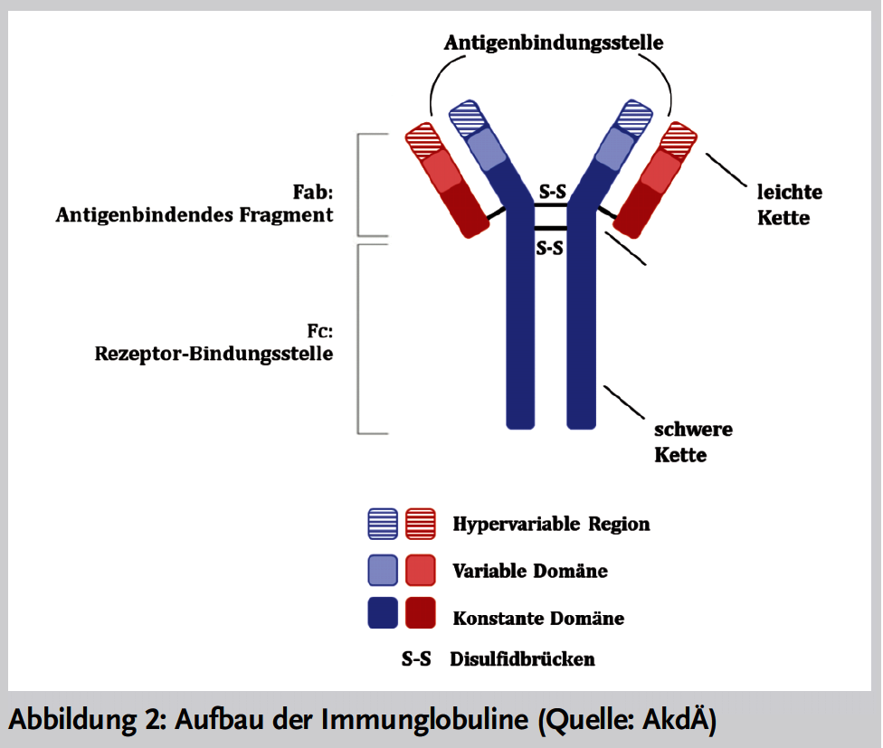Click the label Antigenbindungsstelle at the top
click(554, 43)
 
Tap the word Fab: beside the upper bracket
click(312, 192)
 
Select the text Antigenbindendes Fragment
click(195, 215)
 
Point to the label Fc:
click(320, 331)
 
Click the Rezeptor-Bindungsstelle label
click(214, 354)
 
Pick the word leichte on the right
click(790, 192)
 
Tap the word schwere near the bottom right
click(693, 430)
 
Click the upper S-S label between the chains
click(553, 192)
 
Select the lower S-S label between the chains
click(549, 248)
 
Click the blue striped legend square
click(383, 524)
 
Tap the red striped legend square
click(421, 524)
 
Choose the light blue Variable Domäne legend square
click(383, 570)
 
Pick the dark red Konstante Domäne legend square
click(421, 613)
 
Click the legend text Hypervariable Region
click(551, 524)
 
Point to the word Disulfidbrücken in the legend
click(522, 659)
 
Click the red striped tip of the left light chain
click(423, 139)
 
